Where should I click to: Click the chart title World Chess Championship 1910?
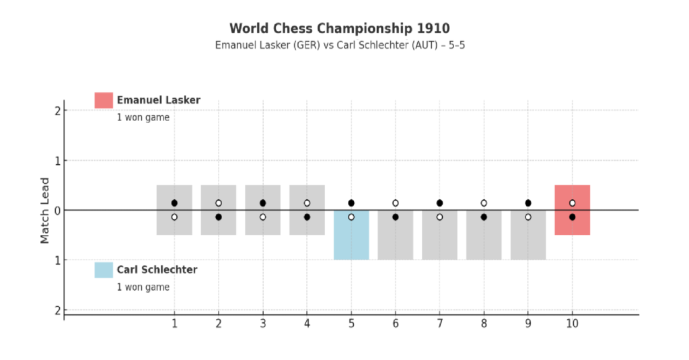[339, 28]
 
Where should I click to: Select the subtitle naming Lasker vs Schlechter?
[339, 45]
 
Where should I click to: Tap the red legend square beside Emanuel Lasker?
[104, 100]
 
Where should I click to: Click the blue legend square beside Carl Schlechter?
[104, 270]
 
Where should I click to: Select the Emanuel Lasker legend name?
[158, 100]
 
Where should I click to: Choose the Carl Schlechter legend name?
[157, 270]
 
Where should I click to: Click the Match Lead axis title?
[44, 210]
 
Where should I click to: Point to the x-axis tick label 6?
[396, 324]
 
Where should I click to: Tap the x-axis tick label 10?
[572, 324]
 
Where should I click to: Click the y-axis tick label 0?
[58, 211]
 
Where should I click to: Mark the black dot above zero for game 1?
[174, 203]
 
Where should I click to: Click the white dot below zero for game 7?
[439, 217]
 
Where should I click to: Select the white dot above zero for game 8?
[484, 203]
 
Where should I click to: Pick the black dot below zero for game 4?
[307, 217]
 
